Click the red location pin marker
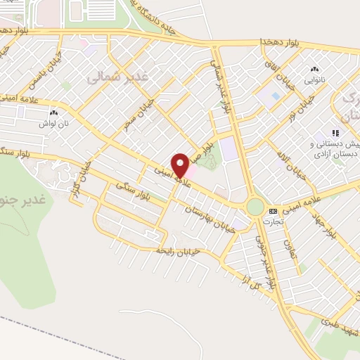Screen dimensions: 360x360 click(181, 165)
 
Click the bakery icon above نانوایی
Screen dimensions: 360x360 click(314, 69)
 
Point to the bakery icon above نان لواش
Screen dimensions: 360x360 click(53, 112)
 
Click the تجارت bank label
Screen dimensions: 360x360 click(273, 221)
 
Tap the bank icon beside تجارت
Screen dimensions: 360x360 click(273, 211)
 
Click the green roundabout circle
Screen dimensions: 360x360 click(255, 207)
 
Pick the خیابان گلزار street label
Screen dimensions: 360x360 click(81, 182)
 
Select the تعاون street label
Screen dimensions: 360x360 click(290, 250)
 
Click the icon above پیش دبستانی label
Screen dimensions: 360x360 click(336, 132)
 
